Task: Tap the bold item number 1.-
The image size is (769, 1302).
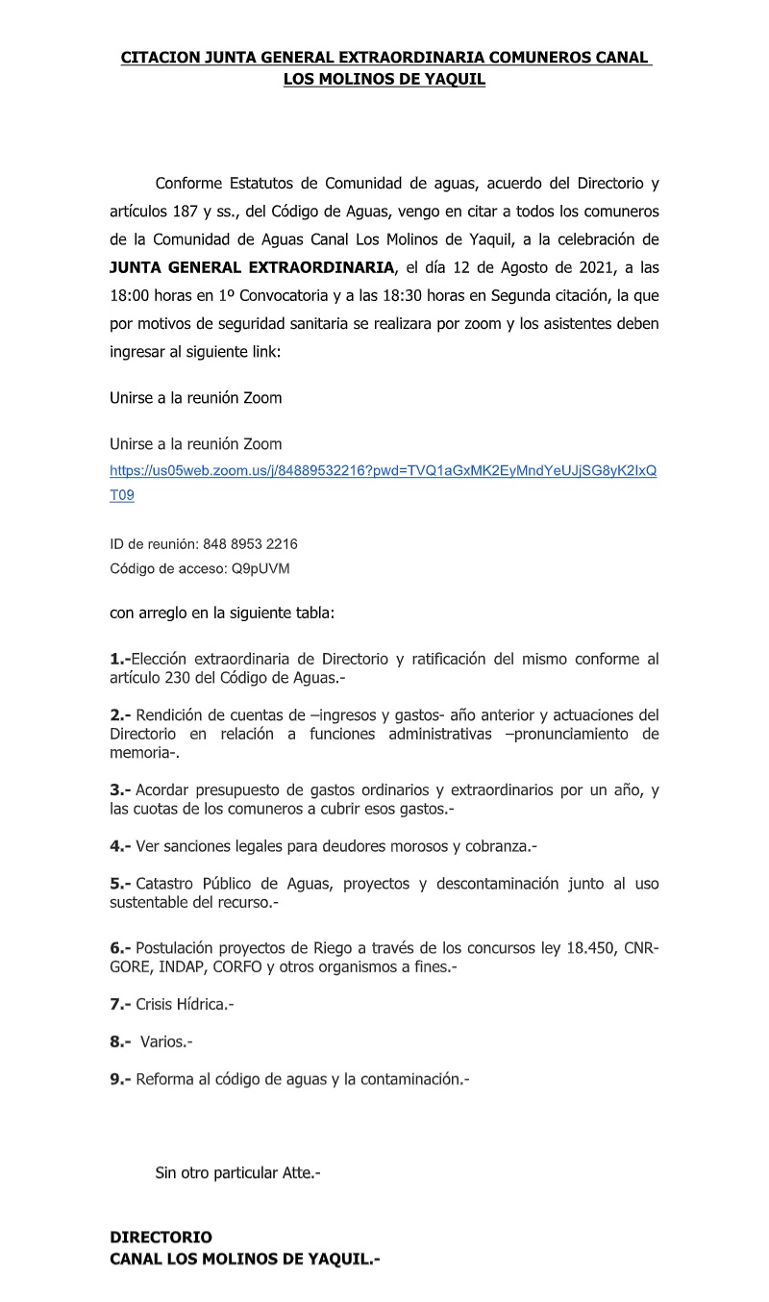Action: point(120,660)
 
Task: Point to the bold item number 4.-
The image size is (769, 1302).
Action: point(120,846)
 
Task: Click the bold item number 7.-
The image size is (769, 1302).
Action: point(120,1004)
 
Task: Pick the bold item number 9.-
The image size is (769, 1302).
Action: point(120,1079)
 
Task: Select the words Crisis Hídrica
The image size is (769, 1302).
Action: point(183,1004)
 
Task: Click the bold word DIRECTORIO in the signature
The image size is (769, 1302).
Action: point(161,1238)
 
